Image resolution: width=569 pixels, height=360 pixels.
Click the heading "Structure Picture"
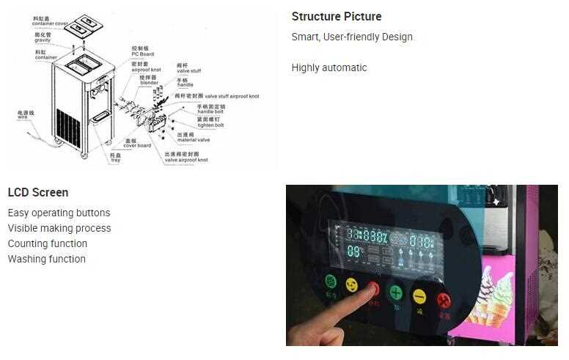(x=337, y=17)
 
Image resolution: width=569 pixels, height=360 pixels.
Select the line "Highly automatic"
(x=329, y=67)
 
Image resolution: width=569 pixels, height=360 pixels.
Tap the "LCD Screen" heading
(x=38, y=193)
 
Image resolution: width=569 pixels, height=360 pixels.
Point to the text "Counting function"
(x=48, y=243)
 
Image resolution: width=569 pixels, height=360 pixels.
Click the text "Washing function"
(x=47, y=259)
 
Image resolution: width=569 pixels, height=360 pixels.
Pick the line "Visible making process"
(x=59, y=228)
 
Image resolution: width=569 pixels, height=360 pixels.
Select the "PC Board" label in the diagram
(x=142, y=54)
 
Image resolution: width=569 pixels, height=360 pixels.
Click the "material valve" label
(x=193, y=139)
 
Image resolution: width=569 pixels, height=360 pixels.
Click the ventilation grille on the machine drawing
(x=68, y=128)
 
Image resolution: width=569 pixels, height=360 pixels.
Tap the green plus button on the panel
(x=397, y=293)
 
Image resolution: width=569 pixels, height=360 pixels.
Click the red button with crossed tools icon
(x=444, y=299)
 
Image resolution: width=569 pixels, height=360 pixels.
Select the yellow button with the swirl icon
(x=351, y=284)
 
